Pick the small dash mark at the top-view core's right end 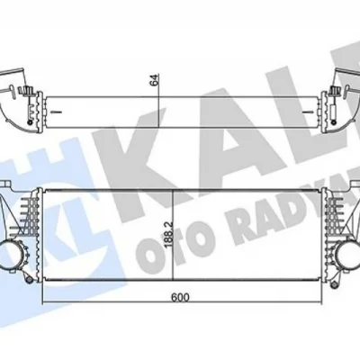tap(303, 108)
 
